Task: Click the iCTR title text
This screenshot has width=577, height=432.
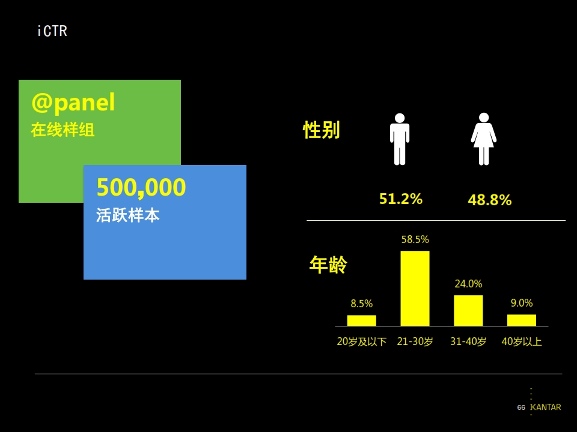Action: click(52, 31)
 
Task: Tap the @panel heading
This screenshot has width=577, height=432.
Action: click(73, 102)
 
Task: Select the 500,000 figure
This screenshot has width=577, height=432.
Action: click(141, 187)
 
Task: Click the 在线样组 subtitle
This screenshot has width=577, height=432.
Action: click(63, 130)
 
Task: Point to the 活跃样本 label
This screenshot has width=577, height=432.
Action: click(127, 215)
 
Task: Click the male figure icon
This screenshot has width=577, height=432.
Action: click(400, 139)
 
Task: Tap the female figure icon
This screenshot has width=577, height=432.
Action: click(483, 139)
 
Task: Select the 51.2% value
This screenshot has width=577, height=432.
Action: click(401, 199)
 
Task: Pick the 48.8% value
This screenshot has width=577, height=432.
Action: click(489, 200)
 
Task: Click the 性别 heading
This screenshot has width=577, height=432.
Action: click(321, 130)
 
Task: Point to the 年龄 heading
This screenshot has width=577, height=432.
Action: click(328, 265)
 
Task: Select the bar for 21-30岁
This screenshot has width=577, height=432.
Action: click(415, 289)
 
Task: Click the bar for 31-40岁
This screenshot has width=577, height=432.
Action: click(468, 310)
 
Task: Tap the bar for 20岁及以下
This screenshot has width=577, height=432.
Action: click(362, 320)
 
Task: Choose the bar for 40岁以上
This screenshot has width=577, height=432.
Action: click(522, 320)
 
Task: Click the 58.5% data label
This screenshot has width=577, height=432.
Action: click(415, 239)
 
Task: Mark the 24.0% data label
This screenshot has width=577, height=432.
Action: click(468, 284)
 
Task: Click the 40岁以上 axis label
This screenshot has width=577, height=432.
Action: click(522, 341)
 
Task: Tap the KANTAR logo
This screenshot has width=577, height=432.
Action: click(545, 407)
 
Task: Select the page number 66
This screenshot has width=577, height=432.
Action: click(521, 407)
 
